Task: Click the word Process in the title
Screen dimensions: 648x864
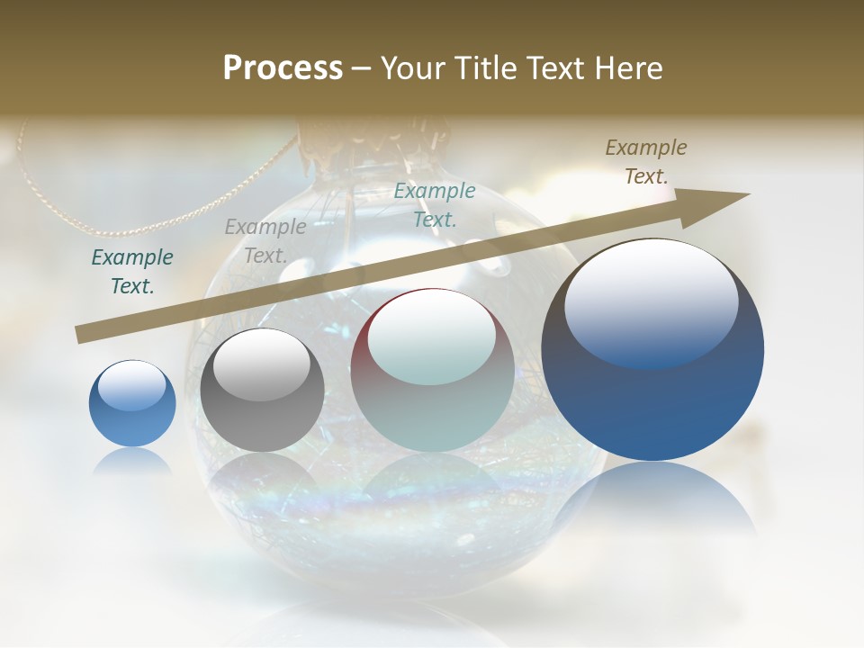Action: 283,68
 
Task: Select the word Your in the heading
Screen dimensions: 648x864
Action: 413,68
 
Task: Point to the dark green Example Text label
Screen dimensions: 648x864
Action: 132,272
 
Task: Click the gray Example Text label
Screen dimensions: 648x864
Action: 265,241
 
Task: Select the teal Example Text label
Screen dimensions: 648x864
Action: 435,204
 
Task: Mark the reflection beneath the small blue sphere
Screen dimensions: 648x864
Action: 132,461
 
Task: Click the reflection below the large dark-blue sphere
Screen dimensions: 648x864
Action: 652,499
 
